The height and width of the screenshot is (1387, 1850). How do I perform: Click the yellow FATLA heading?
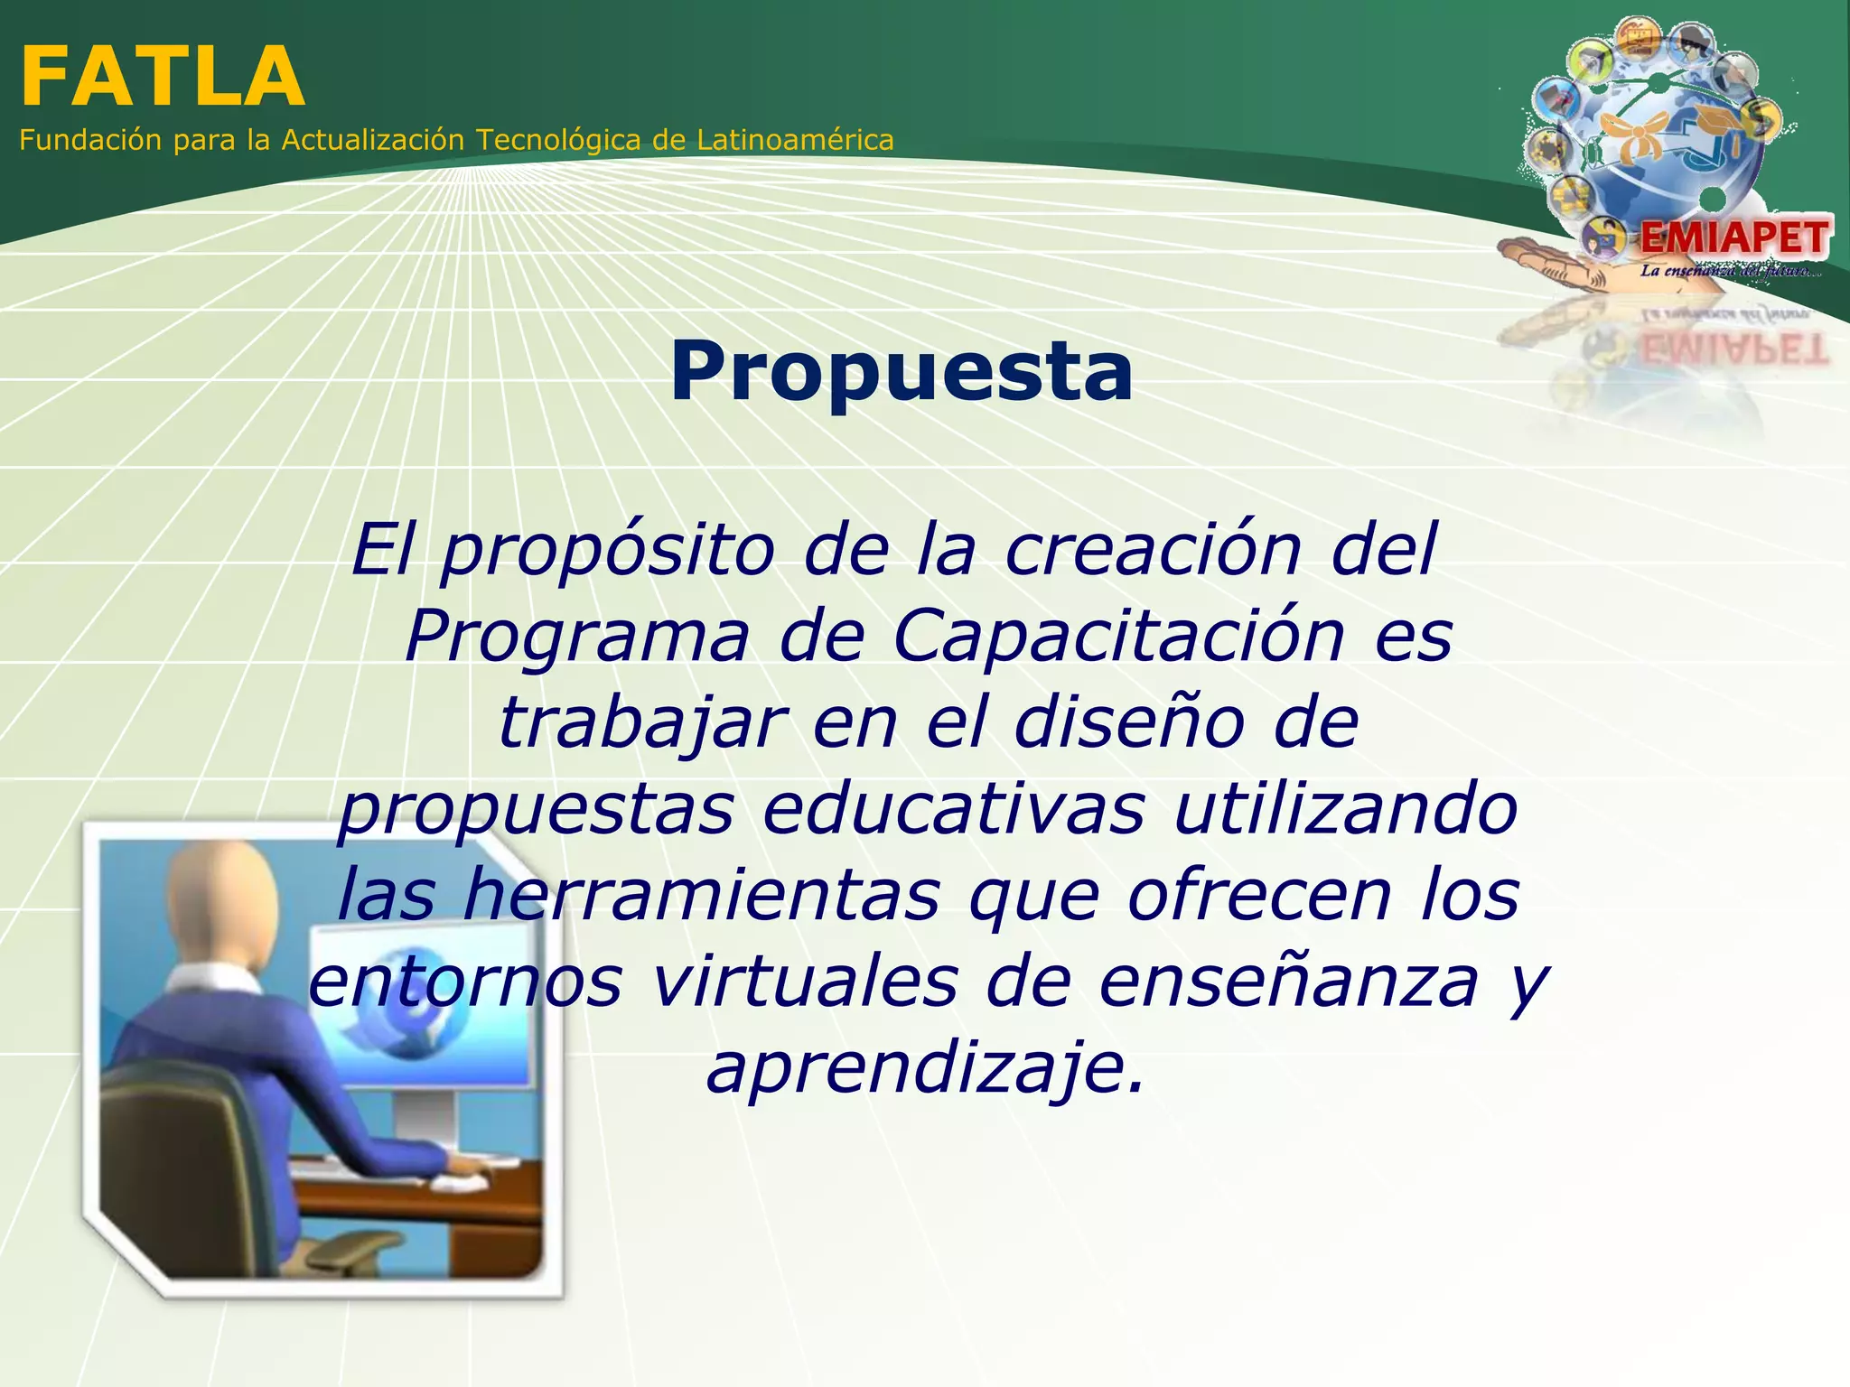(x=163, y=79)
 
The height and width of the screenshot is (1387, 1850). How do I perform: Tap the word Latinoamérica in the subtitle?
(x=795, y=140)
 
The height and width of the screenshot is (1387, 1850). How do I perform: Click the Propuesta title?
(x=901, y=372)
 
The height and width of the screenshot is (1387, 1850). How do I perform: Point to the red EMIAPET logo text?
(x=1733, y=238)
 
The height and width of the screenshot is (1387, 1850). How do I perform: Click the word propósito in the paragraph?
(x=607, y=551)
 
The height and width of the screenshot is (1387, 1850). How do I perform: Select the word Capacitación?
(x=1119, y=636)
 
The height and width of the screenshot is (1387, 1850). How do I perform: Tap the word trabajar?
(x=641, y=722)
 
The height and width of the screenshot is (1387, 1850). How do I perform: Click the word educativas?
(x=953, y=808)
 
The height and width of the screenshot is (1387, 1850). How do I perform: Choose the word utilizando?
(x=1345, y=808)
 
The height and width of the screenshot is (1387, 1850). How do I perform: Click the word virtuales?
(x=804, y=982)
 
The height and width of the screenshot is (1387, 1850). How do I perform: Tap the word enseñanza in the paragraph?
(x=1288, y=982)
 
